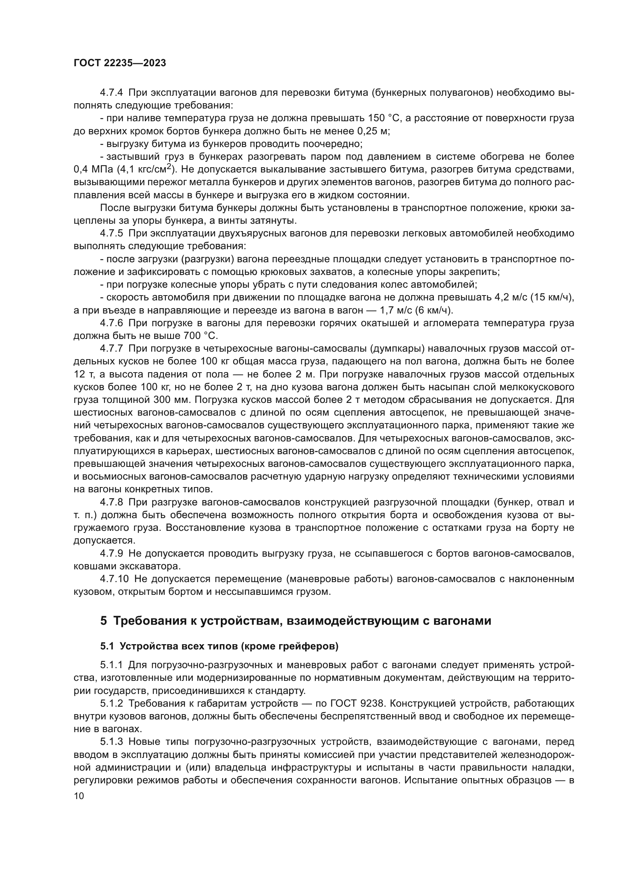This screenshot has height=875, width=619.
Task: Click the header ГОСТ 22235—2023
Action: [120, 63]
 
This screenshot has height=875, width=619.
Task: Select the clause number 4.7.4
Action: [111, 93]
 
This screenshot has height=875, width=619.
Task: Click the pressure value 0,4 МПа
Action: [94, 169]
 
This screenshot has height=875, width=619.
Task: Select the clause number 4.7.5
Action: [111, 233]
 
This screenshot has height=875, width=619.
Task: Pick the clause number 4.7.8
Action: [111, 502]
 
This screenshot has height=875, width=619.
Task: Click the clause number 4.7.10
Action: [114, 579]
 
